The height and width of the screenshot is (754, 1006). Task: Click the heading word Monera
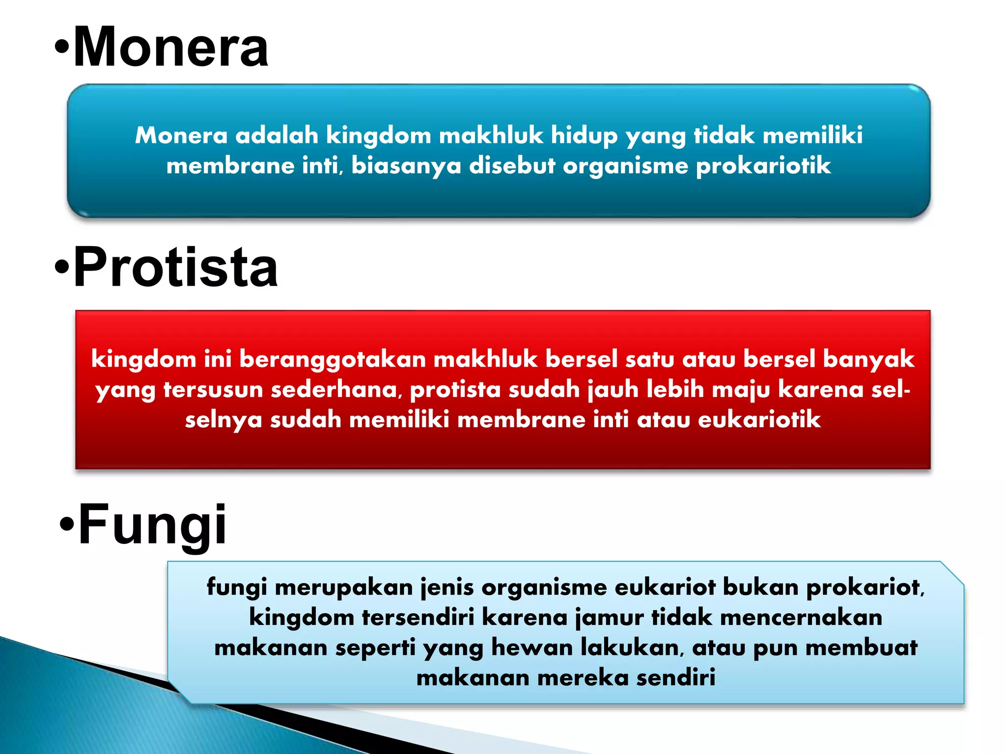170,47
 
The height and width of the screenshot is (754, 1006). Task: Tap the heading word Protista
175,268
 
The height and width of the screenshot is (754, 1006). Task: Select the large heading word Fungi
152,524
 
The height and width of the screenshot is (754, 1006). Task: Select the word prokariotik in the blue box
763,166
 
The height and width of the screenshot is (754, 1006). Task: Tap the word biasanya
406,166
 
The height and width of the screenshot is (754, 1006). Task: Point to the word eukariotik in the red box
759,420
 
